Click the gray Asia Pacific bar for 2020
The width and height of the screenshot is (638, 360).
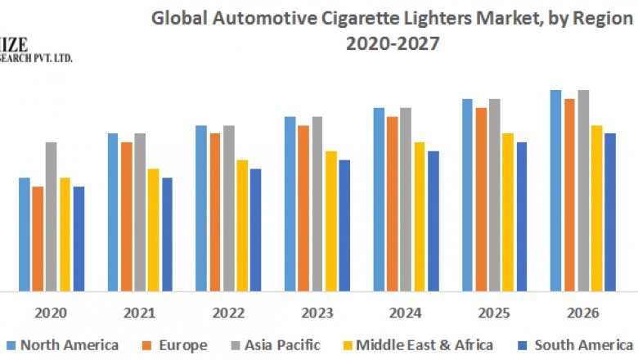pos(51,217)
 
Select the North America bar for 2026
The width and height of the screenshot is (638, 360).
pos(555,191)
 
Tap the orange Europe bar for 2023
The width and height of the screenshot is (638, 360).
pos(303,209)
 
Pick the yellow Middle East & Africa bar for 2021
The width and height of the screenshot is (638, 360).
pos(153,230)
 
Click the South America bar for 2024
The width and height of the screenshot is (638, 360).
pos(433,221)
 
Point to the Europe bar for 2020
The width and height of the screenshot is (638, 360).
pos(38,239)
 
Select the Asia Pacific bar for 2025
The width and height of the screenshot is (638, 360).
pos(494,195)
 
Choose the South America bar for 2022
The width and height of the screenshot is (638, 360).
pos(255,230)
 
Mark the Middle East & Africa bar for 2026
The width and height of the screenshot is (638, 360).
pos(597,209)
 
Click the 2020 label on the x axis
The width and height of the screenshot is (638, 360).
pos(51,313)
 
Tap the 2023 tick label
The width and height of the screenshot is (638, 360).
pos(317,313)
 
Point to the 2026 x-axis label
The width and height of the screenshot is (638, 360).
pos(582,313)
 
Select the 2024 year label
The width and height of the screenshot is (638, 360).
pos(406,313)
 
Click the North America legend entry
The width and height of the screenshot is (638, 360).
pos(62,344)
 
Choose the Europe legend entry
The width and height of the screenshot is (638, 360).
pos(175,344)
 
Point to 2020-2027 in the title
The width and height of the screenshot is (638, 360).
pos(393,44)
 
